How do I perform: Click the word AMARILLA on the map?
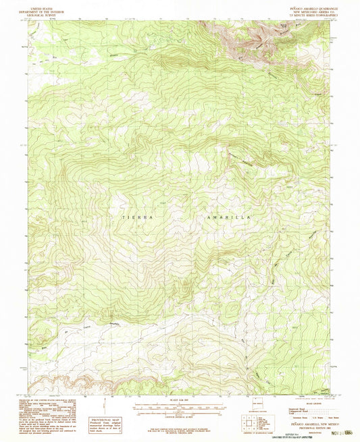click(x=227, y=218)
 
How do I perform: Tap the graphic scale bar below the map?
click(x=179, y=408)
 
